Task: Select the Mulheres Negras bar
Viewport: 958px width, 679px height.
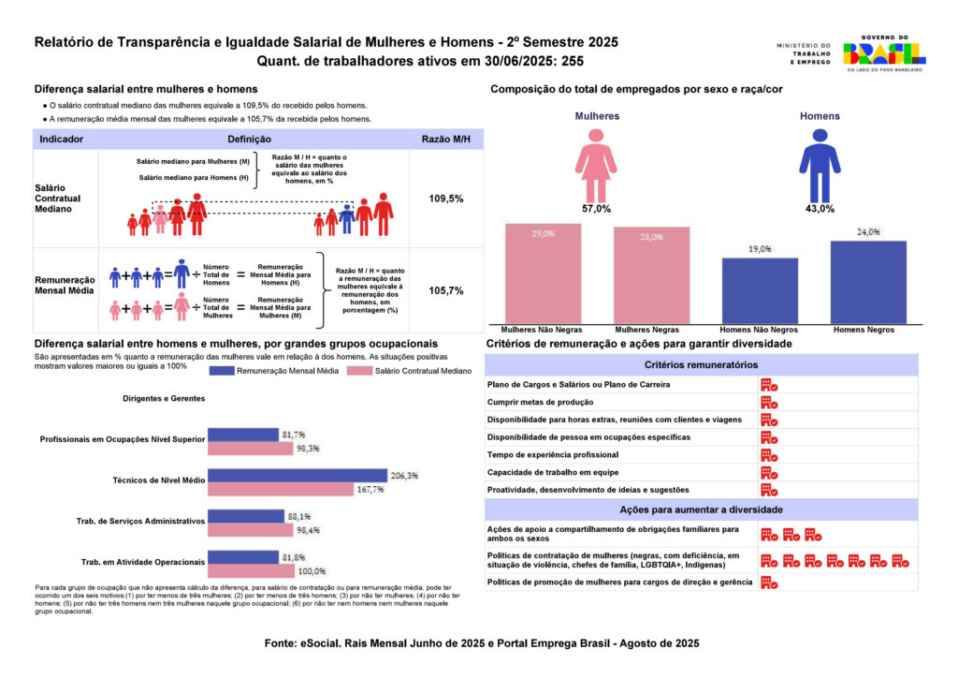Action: click(651, 275)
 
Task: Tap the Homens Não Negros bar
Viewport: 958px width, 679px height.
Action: click(759, 290)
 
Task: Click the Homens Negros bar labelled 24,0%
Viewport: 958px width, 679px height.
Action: click(868, 282)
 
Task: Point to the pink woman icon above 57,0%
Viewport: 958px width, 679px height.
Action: click(595, 165)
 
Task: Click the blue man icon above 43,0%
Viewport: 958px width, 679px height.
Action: click(820, 165)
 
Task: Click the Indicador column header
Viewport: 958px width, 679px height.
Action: click(62, 139)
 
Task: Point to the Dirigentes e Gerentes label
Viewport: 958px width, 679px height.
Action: click(164, 398)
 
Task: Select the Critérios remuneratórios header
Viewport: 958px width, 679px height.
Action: click(701, 364)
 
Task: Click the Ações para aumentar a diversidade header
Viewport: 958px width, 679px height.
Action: click(701, 509)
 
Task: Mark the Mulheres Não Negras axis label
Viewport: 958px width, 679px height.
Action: click(543, 331)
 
